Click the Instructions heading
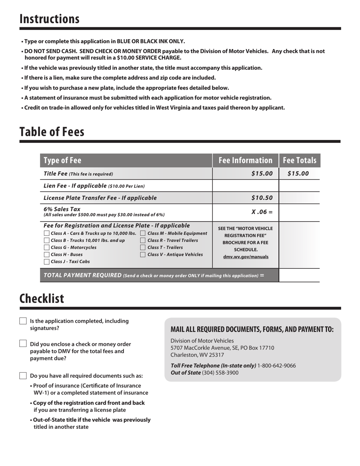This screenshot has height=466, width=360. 50,19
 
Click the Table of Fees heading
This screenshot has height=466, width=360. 52,132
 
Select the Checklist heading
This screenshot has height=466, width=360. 42,299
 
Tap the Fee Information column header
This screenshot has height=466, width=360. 246,160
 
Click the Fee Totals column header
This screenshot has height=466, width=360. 299,160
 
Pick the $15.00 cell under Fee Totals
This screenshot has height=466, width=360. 298,174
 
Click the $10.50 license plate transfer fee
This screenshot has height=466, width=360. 262,198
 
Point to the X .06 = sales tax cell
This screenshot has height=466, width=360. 262,212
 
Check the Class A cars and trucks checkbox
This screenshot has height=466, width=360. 47,234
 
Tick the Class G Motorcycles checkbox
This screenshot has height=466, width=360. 47,248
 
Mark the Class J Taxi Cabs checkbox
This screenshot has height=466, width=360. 47,262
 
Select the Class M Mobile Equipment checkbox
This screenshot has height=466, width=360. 143,234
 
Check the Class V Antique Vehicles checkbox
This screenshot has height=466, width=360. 143,255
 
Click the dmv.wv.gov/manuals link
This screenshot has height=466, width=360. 246,257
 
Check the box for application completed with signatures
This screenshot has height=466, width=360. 23,321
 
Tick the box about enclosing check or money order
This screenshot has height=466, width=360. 23,344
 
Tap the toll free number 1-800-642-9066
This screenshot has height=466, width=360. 276,366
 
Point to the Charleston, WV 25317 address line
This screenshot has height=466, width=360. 197,355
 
